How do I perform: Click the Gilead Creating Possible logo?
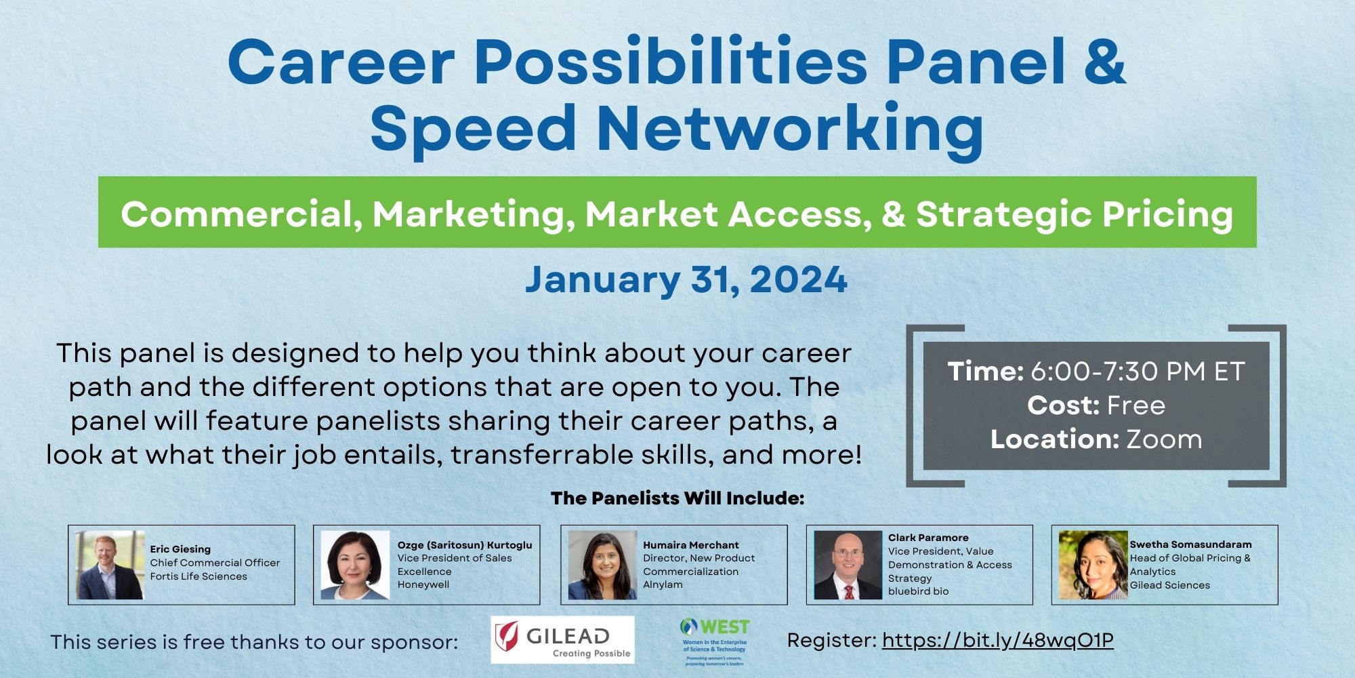pyautogui.click(x=562, y=639)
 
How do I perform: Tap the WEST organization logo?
pyautogui.click(x=715, y=641)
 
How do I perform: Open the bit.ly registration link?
pyautogui.click(x=998, y=641)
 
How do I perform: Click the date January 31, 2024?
pyautogui.click(x=686, y=279)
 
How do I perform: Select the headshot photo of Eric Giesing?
pyautogui.click(x=110, y=565)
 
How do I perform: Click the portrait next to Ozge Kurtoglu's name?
pyautogui.click(x=355, y=565)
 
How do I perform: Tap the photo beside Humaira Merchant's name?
pyautogui.click(x=602, y=565)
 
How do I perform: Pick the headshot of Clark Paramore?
pyautogui.click(x=848, y=565)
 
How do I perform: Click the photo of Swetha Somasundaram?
pyautogui.click(x=1093, y=565)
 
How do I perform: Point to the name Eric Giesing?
pyautogui.click(x=180, y=549)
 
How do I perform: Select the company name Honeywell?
pyautogui.click(x=423, y=584)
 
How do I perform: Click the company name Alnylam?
pyautogui.click(x=663, y=584)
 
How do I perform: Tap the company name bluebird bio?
pyautogui.click(x=918, y=591)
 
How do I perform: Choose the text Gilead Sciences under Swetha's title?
pyautogui.click(x=1169, y=585)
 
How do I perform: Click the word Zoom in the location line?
pyautogui.click(x=1164, y=439)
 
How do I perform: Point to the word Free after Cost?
pyautogui.click(x=1136, y=405)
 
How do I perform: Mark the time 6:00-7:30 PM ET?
pyautogui.click(x=1138, y=372)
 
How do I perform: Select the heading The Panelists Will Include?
pyautogui.click(x=677, y=498)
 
